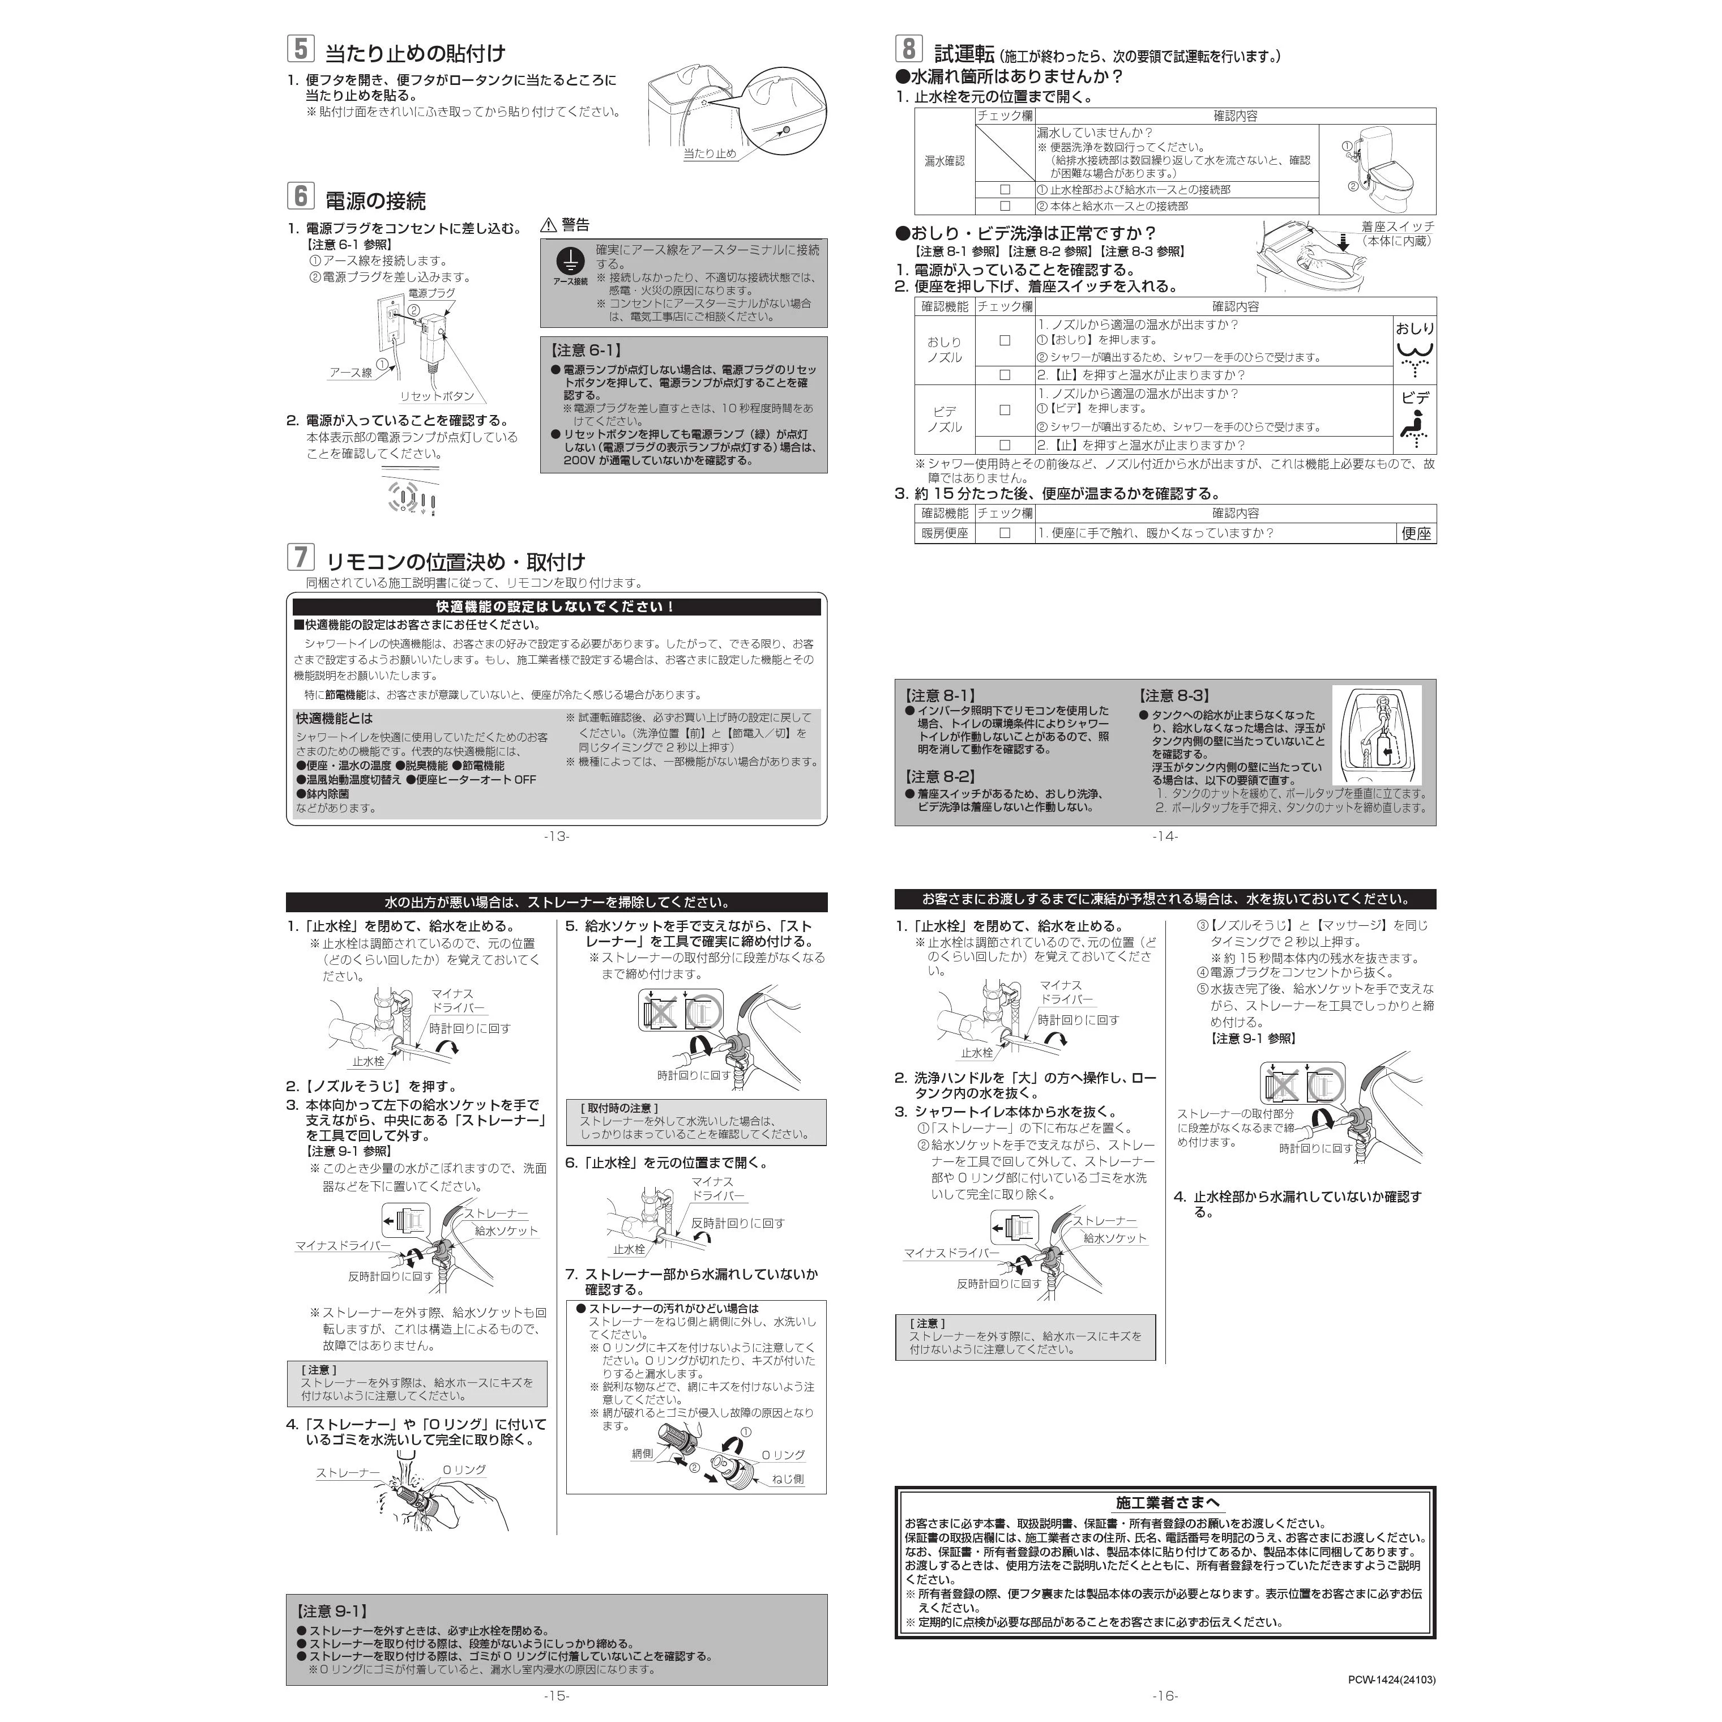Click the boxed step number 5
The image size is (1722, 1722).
(300, 48)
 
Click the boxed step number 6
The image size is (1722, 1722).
(300, 195)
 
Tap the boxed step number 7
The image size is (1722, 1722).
(300, 557)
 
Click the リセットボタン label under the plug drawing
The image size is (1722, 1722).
(437, 396)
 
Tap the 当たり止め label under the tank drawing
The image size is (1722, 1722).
(710, 153)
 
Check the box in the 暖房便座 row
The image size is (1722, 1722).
(1005, 533)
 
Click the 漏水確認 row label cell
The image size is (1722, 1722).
(945, 161)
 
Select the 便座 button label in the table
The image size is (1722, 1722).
(1416, 533)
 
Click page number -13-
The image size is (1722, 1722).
(556, 836)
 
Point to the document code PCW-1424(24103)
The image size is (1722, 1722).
(1391, 1679)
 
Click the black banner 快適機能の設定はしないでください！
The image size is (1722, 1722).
(556, 607)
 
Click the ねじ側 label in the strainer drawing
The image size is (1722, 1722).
(788, 1479)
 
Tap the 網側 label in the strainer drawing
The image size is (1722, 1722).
(642, 1454)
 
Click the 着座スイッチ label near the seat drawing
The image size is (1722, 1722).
(1398, 227)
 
